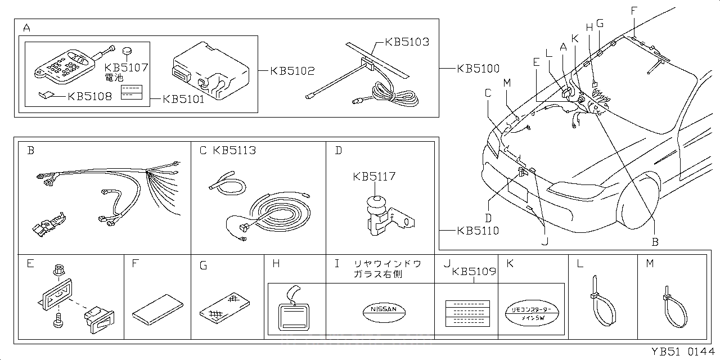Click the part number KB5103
[x=407, y=42]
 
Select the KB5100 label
[x=478, y=69]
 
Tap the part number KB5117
[x=374, y=177]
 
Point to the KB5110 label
[x=478, y=231]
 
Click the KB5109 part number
[x=474, y=272]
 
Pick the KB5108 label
[x=89, y=96]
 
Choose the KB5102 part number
[x=292, y=71]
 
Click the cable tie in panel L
[x=602, y=304]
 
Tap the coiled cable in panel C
[x=276, y=214]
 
